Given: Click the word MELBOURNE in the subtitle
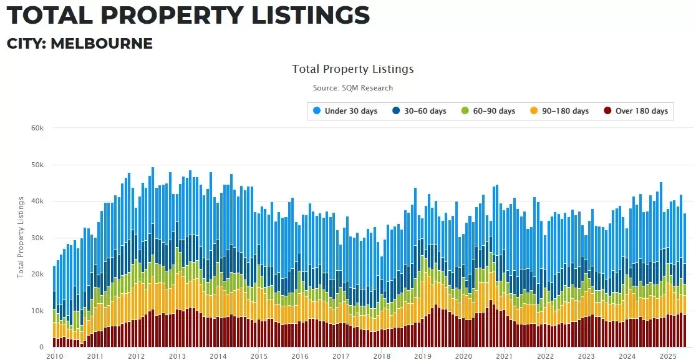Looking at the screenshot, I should pos(101,44).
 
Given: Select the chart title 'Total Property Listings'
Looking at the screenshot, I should pos(352,69).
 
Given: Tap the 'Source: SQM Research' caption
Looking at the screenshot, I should pos(352,88).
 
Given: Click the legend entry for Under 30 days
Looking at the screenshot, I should pos(346,111).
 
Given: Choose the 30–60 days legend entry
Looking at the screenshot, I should pos(419,111).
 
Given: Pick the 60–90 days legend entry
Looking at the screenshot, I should pos(488,111).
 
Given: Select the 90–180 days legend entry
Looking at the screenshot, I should pos(559,111).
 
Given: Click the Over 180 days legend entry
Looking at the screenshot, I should pos(636,111).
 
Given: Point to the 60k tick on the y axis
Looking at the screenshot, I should pos(38,128).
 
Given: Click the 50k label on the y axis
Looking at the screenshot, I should pos(38,165).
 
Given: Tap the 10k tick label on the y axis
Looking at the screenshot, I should pos(38,311).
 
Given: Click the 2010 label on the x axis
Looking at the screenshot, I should pos(54,356).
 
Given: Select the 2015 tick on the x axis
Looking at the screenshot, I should pos(259,356).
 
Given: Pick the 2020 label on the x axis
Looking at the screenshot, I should pos(463,356).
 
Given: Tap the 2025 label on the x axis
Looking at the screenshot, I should pos(668,356).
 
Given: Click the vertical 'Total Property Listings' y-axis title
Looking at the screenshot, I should pos(21,237).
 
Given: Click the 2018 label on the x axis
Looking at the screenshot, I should pos(382,356).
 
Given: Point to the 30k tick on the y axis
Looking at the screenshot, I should pos(38,238).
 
